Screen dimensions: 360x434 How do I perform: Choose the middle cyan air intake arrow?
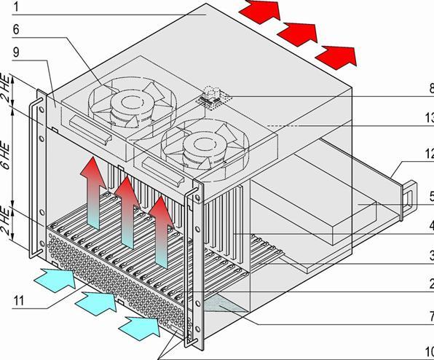tap(94, 298)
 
